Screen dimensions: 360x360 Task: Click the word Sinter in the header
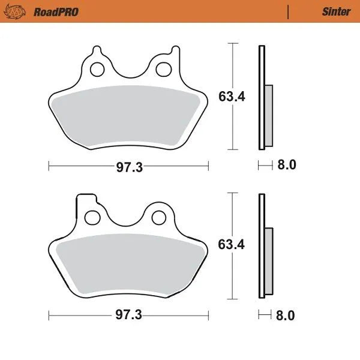click(336, 11)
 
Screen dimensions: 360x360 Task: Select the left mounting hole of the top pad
click(96, 70)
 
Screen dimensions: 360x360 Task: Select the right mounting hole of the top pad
click(161, 70)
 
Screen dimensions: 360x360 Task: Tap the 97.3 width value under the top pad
click(128, 167)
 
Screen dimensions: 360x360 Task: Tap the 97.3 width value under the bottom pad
click(128, 316)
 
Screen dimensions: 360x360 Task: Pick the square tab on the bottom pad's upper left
click(84, 201)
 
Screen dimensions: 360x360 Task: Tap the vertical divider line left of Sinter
click(288, 11)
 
